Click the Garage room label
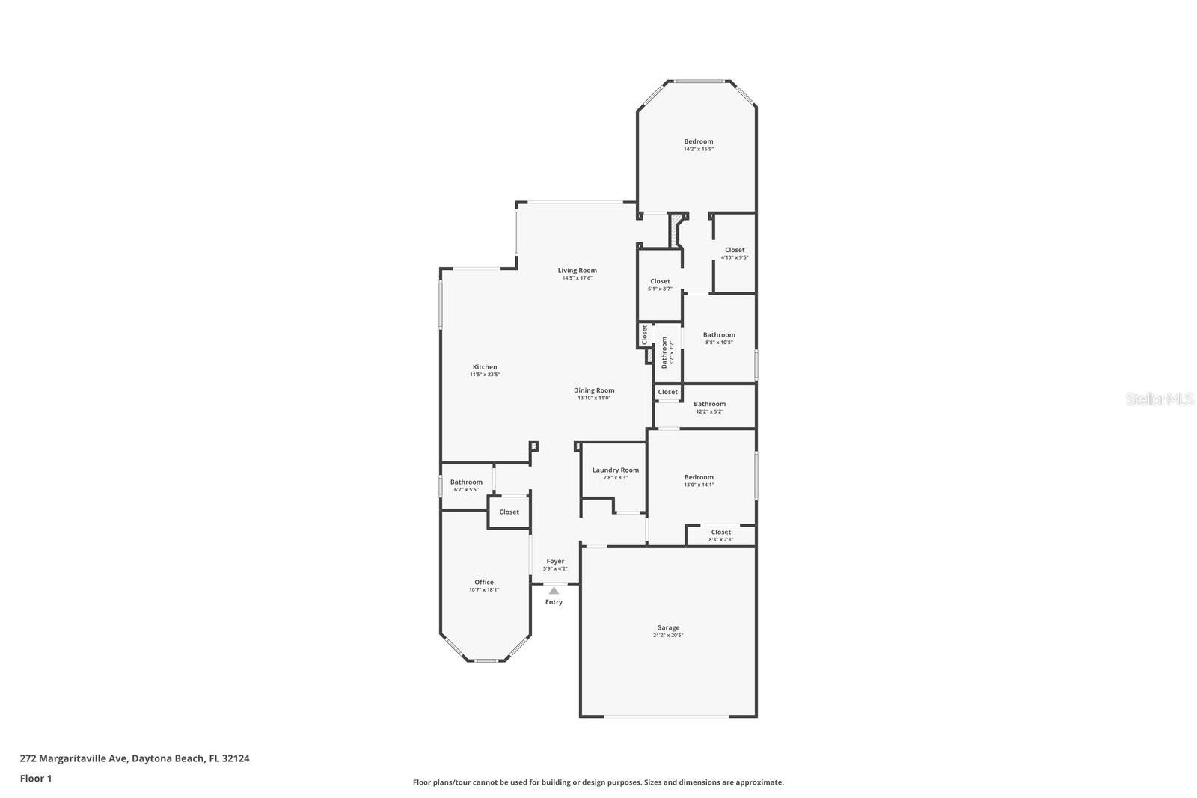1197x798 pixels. pyautogui.click(x=668, y=628)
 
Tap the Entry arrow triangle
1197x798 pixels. pyautogui.click(x=554, y=591)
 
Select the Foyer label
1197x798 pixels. pyautogui.click(x=555, y=561)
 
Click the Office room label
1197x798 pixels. pyautogui.click(x=484, y=582)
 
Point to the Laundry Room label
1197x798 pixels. pyautogui.click(x=616, y=470)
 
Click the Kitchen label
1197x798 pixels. pyautogui.click(x=485, y=367)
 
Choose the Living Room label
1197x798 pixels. pyautogui.click(x=577, y=271)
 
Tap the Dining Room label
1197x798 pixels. pyautogui.click(x=594, y=390)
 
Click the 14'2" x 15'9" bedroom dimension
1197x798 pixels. pyautogui.click(x=699, y=149)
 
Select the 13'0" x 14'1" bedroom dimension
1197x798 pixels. pyautogui.click(x=699, y=485)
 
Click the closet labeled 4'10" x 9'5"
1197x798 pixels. pyautogui.click(x=735, y=254)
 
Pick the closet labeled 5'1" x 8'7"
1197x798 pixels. pyautogui.click(x=660, y=285)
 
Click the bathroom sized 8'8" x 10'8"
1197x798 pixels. pyautogui.click(x=719, y=338)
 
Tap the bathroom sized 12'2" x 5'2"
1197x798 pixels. pyautogui.click(x=709, y=408)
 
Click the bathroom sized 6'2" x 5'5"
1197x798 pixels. pyautogui.click(x=466, y=486)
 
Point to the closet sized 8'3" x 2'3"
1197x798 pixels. pyautogui.click(x=721, y=535)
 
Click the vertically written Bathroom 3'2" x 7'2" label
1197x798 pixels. pyautogui.click(x=667, y=352)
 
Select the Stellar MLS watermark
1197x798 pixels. pyautogui.click(x=1160, y=399)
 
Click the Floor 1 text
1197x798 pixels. pyautogui.click(x=36, y=779)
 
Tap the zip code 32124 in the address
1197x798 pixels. pyautogui.click(x=235, y=758)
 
